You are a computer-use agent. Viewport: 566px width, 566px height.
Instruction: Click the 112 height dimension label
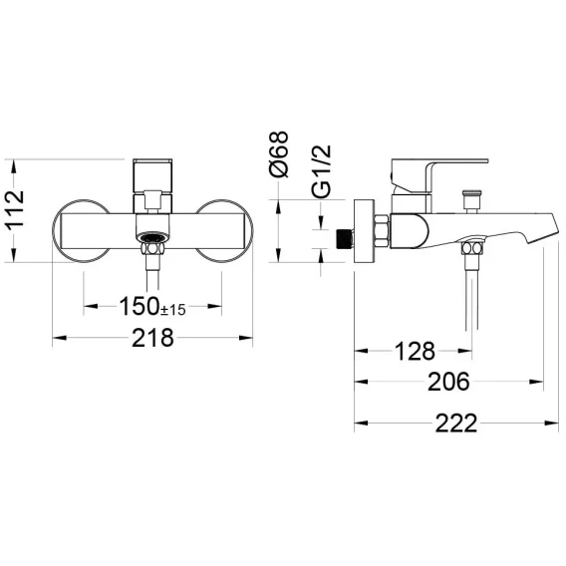point(15,209)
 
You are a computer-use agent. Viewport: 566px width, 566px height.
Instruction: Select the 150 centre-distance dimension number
point(140,306)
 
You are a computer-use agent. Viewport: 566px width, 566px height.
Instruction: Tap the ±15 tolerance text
point(173,310)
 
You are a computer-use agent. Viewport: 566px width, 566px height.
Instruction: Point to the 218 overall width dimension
point(152,338)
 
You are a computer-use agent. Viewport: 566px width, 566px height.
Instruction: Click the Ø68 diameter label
point(279,154)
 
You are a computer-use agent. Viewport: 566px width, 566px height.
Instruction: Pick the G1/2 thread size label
point(321,171)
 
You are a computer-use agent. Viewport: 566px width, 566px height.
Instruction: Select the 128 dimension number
point(416,351)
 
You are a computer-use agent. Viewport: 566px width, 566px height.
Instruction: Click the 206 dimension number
point(448,382)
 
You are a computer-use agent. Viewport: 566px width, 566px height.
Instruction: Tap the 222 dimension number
point(456,424)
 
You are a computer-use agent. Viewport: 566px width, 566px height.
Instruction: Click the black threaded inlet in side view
point(345,238)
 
